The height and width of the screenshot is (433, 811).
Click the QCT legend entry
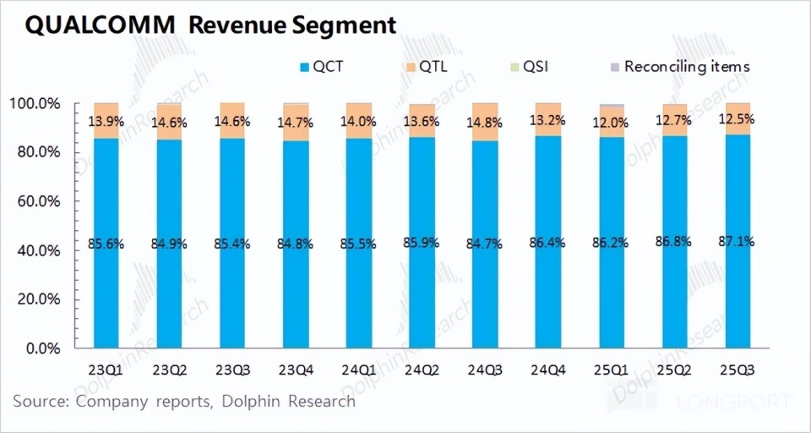[x=323, y=66]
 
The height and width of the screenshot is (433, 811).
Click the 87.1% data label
[x=737, y=241]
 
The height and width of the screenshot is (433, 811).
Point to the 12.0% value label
[x=611, y=122]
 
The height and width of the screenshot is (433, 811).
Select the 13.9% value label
[x=106, y=122]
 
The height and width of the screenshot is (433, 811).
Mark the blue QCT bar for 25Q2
[x=673, y=288]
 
